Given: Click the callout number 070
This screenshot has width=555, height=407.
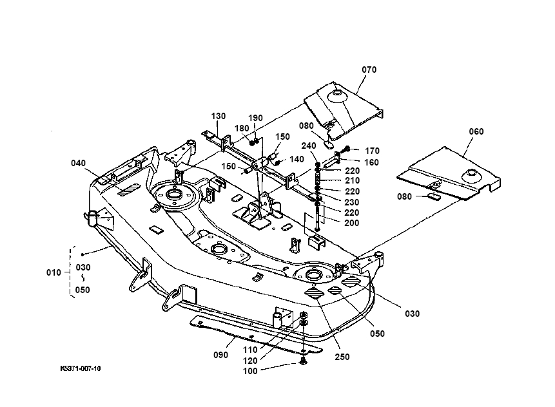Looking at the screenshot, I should click(369, 70).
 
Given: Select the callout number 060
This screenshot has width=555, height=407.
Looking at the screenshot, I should click(476, 131).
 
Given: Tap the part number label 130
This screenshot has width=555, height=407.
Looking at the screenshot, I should click(219, 116).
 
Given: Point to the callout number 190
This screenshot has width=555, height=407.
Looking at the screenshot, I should click(256, 118).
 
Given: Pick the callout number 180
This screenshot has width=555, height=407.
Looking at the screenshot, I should click(242, 128).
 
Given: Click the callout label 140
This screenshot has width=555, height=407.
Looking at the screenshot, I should click(297, 159).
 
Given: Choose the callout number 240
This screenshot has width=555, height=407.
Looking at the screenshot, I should click(309, 146).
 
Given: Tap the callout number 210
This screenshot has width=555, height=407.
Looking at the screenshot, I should click(352, 181).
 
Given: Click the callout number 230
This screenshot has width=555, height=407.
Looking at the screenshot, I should click(352, 202).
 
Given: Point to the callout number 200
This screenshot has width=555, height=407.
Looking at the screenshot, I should click(352, 223).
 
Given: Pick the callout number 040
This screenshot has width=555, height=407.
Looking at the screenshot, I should click(79, 163).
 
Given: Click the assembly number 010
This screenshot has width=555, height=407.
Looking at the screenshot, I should click(54, 272).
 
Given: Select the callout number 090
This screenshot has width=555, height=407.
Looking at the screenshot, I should click(220, 355).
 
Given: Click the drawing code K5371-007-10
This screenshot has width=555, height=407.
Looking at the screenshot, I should click(81, 368).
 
